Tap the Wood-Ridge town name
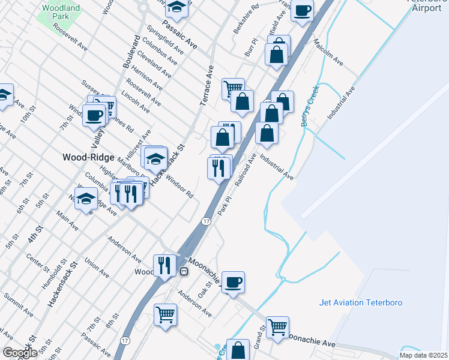pos(88,157)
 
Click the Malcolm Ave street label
pos(328,53)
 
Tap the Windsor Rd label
pos(179,187)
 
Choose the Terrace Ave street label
pos(206,86)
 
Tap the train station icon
pos(185,271)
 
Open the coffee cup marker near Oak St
pos(233,282)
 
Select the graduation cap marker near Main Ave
pos(86,199)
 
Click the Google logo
pos(19,352)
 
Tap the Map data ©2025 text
pos(423,355)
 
